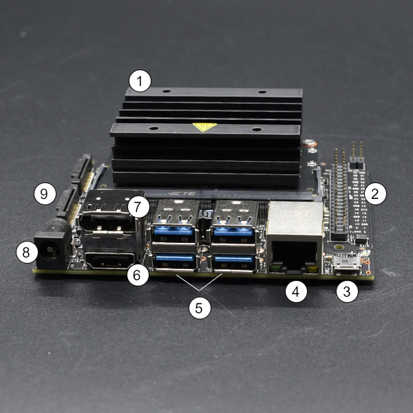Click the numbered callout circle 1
click(140, 81)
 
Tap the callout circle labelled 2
click(375, 193)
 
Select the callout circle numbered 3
click(347, 291)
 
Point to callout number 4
click(296, 291)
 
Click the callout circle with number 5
click(200, 308)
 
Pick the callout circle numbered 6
click(138, 275)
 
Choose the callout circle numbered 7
click(138, 206)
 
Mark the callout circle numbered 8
click(27, 252)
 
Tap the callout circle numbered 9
click(45, 193)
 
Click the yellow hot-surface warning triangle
click(204, 127)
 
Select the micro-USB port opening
click(347, 264)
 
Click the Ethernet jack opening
click(294, 255)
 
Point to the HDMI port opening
click(109, 260)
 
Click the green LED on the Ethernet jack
click(275, 268)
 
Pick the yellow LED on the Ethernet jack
click(313, 268)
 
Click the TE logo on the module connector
click(182, 193)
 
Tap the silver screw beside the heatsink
click(309, 143)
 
